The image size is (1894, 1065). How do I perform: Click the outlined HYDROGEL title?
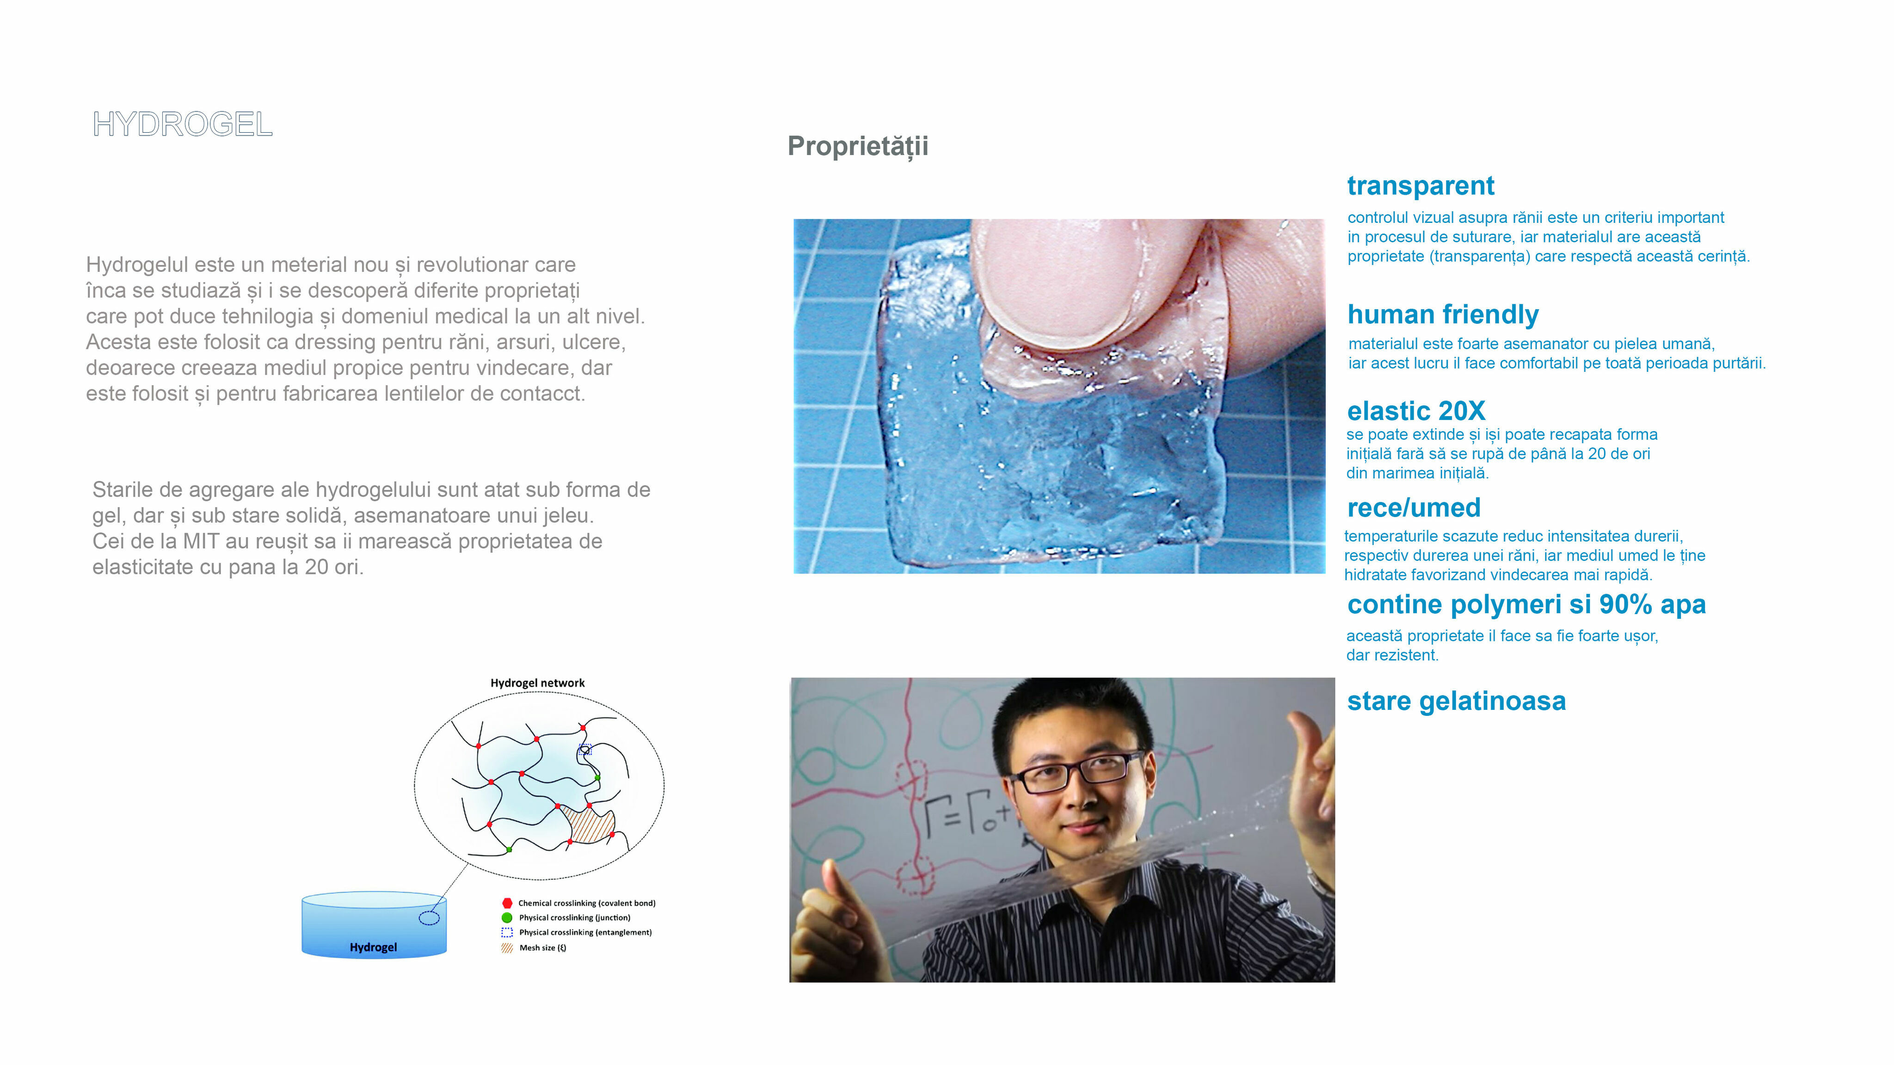182,124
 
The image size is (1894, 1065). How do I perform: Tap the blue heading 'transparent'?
1420,186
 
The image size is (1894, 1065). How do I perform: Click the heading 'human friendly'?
1443,315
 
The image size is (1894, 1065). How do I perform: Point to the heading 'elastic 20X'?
1416,410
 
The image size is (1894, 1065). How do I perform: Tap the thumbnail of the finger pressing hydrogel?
1059,396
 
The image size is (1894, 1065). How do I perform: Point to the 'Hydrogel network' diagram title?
537,683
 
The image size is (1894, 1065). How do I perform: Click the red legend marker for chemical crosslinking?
507,903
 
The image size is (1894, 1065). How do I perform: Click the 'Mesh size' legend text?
542,948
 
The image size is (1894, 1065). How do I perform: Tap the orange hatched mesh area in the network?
588,824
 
